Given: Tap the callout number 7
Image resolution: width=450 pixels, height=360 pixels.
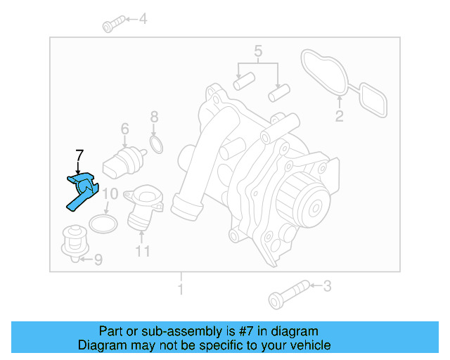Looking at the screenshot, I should (79, 155).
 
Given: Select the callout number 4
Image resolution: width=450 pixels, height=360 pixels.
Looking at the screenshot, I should (143, 19).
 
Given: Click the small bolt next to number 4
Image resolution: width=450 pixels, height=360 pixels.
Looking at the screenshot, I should (112, 25).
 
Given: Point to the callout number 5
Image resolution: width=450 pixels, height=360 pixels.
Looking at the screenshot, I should (258, 51).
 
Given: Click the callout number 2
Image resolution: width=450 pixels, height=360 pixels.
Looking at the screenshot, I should (339, 117).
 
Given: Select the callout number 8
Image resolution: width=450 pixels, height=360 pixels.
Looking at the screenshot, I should (154, 117).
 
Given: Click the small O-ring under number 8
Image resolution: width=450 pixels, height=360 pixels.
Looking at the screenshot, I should (157, 146).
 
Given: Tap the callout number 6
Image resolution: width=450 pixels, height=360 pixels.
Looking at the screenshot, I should (124, 129).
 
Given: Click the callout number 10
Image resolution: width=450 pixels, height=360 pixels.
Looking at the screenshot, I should (110, 194).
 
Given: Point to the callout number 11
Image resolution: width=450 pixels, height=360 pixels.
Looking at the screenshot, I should (143, 251).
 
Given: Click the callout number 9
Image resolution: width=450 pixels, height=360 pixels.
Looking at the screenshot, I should (97, 261).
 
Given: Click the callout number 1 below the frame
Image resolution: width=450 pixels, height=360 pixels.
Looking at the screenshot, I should (181, 289).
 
